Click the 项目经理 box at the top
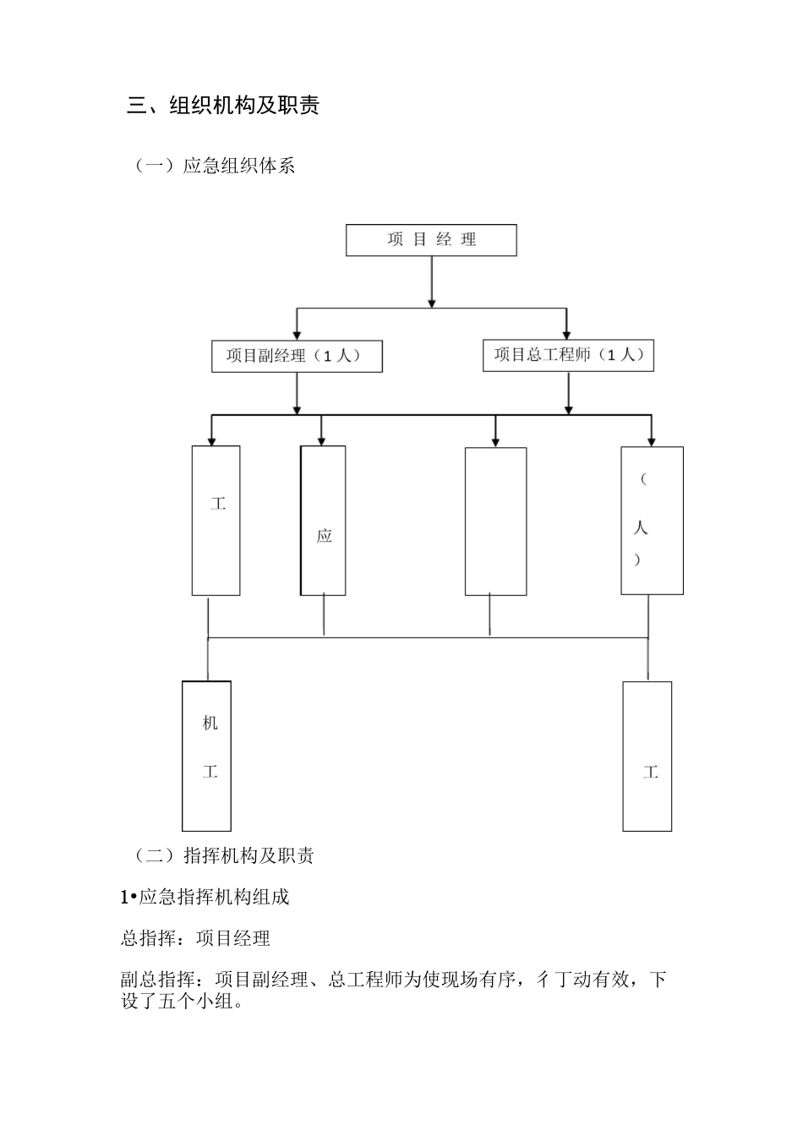click(x=431, y=240)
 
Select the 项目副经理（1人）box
click(x=297, y=356)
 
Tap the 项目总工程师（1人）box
click(x=569, y=355)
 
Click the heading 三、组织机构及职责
click(x=223, y=106)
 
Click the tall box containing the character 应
click(x=323, y=521)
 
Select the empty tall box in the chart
click(x=495, y=522)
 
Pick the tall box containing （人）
click(x=652, y=521)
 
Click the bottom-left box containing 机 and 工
click(x=207, y=756)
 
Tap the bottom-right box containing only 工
click(x=647, y=756)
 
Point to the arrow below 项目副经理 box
click(x=297, y=393)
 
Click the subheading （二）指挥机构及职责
click(x=223, y=855)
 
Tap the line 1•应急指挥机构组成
click(x=205, y=897)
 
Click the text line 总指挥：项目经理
click(x=196, y=938)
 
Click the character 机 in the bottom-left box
click(x=210, y=724)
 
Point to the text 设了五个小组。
click(x=182, y=1003)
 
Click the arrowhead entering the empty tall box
click(x=495, y=441)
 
